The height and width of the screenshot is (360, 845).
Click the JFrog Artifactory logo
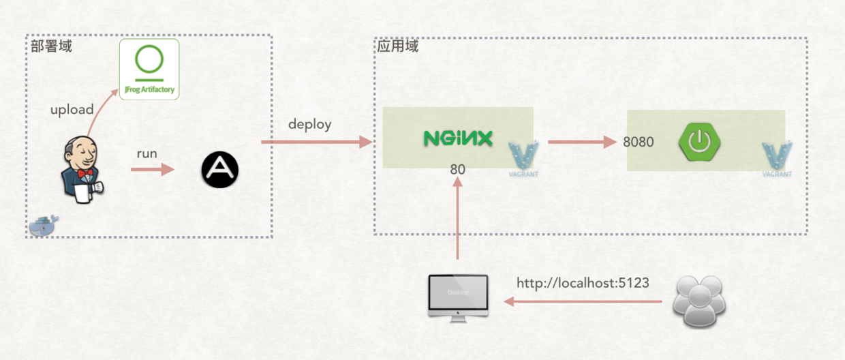click(149, 69)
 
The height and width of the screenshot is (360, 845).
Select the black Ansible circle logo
click(220, 170)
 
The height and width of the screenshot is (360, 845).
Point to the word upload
click(72, 110)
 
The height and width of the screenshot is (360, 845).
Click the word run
click(147, 153)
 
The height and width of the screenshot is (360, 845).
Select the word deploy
click(309, 124)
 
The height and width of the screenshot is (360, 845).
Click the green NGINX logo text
click(457, 138)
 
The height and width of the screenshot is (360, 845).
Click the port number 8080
click(639, 142)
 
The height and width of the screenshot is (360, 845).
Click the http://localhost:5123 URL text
click(583, 282)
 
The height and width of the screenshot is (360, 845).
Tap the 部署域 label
click(51, 46)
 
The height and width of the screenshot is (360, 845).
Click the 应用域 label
click(398, 46)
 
